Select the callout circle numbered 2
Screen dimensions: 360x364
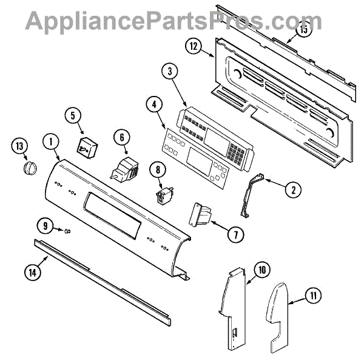292,189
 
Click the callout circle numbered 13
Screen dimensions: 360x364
21,146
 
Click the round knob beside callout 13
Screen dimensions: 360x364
29,168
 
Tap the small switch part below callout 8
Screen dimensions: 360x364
162,196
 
